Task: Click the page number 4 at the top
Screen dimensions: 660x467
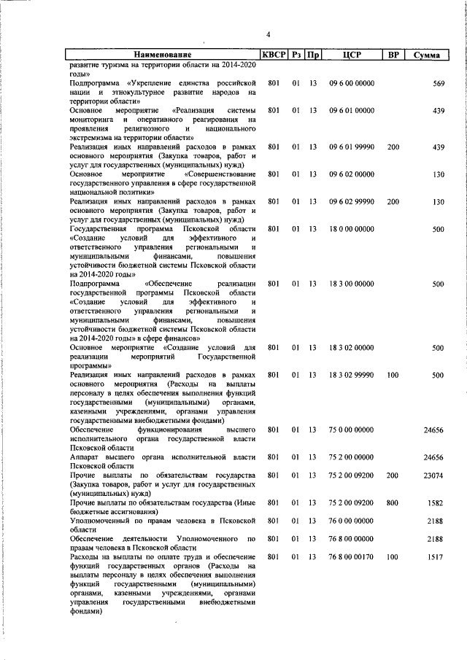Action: click(268, 34)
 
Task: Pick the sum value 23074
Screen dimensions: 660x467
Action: click(434, 475)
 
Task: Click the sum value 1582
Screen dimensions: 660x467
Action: click(436, 502)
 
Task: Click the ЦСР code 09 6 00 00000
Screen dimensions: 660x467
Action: click(352, 84)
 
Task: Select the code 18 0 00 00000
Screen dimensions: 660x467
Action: click(352, 230)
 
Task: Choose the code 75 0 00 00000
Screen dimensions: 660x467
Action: click(352, 430)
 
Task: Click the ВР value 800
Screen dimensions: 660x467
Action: click(393, 502)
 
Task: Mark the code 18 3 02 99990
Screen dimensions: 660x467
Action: click(352, 375)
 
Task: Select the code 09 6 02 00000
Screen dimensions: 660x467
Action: click(352, 175)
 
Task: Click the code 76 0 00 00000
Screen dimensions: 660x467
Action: click(352, 521)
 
